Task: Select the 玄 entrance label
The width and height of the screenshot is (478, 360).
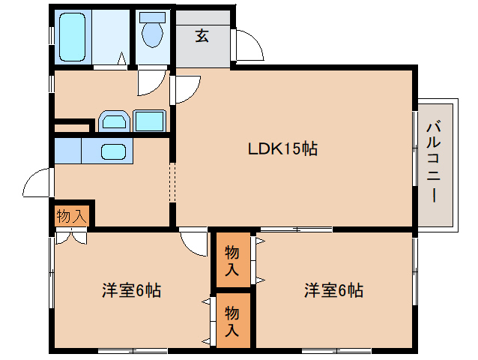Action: pyautogui.click(x=202, y=35)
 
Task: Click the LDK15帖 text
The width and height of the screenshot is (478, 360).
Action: pyautogui.click(x=283, y=148)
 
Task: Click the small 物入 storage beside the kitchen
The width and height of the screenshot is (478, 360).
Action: pyautogui.click(x=71, y=217)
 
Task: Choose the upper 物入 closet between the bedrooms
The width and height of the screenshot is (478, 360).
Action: pyautogui.click(x=232, y=259)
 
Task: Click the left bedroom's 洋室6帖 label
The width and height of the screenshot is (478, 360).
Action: pyautogui.click(x=131, y=290)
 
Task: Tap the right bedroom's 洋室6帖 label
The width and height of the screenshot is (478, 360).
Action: pyautogui.click(x=333, y=290)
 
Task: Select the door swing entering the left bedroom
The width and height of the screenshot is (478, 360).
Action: pyautogui.click(x=193, y=241)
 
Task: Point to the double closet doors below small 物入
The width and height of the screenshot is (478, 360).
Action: pyautogui.click(x=71, y=236)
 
